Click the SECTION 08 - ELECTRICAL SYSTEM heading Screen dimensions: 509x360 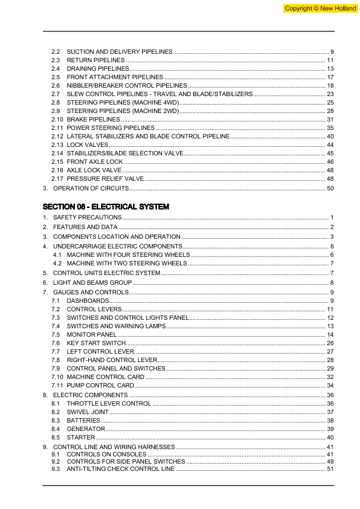tap(106, 207)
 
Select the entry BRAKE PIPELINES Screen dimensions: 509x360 tap(93, 120)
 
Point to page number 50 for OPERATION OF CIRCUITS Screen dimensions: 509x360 tap(330, 189)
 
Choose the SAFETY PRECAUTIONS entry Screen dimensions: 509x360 tap(87, 217)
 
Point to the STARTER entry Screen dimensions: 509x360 tap(80, 437)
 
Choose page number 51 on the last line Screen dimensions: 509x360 tap(330, 469)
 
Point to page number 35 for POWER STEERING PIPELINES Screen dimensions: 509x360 tap(330, 128)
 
